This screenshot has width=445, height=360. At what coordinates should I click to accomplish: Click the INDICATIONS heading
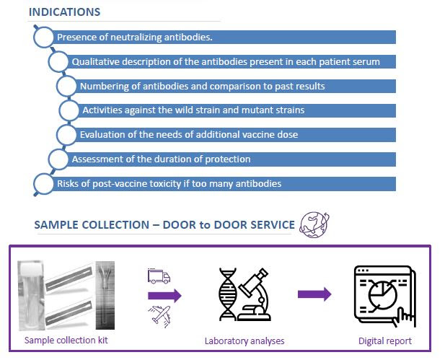click(64, 12)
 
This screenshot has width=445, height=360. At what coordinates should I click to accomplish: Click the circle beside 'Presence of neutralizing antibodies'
click(44, 37)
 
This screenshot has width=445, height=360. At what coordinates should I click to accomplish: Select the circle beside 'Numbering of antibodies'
click(67, 87)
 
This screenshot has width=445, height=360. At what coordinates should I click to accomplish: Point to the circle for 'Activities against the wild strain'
click(69, 110)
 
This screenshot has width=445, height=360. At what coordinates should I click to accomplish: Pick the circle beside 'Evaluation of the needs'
click(67, 135)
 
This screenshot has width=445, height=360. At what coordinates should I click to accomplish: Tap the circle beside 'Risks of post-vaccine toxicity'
click(44, 183)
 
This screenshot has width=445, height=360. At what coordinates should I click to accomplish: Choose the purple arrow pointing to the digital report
click(314, 294)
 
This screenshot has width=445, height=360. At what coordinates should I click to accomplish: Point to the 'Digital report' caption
click(384, 341)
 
